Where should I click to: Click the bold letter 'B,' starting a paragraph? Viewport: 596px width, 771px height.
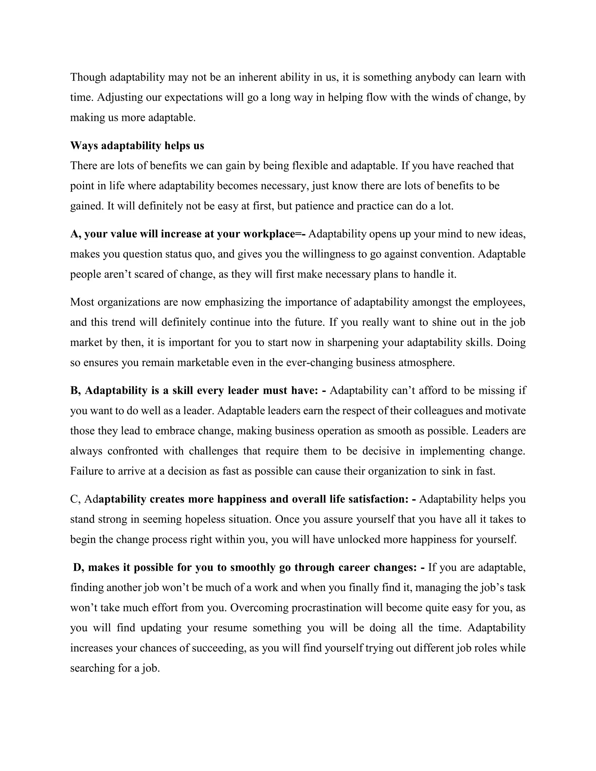(x=76, y=390)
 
